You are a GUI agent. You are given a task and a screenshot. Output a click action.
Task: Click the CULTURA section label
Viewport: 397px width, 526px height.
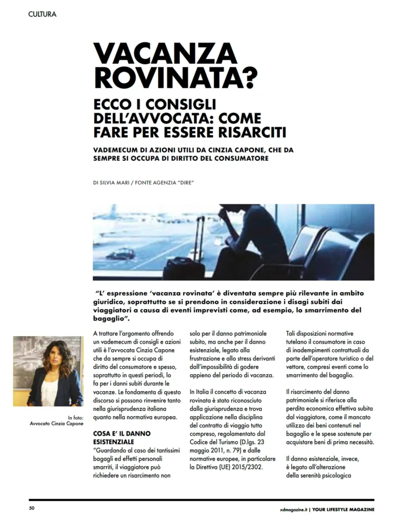click(42, 14)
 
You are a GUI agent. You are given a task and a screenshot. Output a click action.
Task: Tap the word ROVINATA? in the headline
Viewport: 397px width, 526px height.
click(175, 77)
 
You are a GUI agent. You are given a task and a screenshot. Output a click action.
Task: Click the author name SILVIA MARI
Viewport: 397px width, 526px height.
click(121, 183)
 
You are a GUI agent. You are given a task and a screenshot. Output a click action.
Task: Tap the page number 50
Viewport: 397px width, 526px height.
click(32, 509)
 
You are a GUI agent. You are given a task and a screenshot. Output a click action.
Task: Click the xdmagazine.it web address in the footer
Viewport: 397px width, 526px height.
click(290, 509)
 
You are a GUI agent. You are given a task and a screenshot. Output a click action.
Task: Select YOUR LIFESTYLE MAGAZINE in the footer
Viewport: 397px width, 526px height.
click(344, 509)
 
